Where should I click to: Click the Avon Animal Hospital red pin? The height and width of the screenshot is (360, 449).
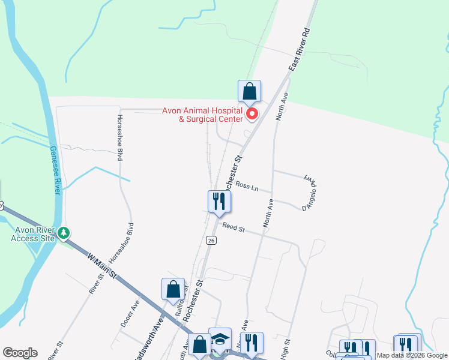tap(252, 113)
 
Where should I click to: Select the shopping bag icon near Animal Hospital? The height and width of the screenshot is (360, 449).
tap(249, 92)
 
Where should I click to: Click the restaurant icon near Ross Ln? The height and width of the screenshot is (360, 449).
tap(219, 202)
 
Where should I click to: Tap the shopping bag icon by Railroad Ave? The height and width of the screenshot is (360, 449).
tap(173, 289)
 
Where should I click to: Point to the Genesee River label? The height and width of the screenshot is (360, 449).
tap(55, 170)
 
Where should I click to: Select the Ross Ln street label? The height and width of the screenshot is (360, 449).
tap(247, 187)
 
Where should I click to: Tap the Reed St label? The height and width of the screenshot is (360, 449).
tap(234, 227)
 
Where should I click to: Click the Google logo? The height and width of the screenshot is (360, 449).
tap(20, 353)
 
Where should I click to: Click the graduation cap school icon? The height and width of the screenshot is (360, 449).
tap(220, 339)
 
